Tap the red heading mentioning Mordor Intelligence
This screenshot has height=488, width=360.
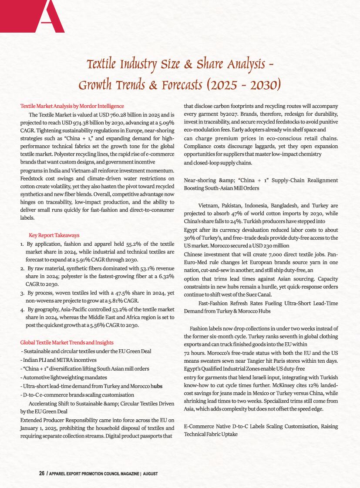tap(72, 106)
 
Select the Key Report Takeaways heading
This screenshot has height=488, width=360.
tap(54, 235)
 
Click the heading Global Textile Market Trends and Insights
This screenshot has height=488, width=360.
tap(67, 342)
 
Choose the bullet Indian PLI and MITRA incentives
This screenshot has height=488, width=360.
tap(58, 360)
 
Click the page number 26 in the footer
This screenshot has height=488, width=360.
tap(42, 473)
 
